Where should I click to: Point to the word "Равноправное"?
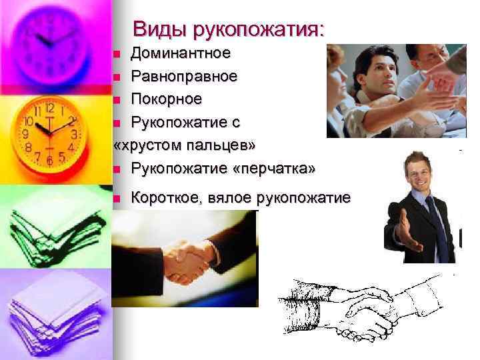point(183,76)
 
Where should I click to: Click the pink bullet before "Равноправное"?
point(117,77)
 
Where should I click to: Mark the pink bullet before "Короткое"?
point(117,198)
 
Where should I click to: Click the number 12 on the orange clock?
point(50,107)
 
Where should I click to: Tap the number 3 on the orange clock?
point(75,135)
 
